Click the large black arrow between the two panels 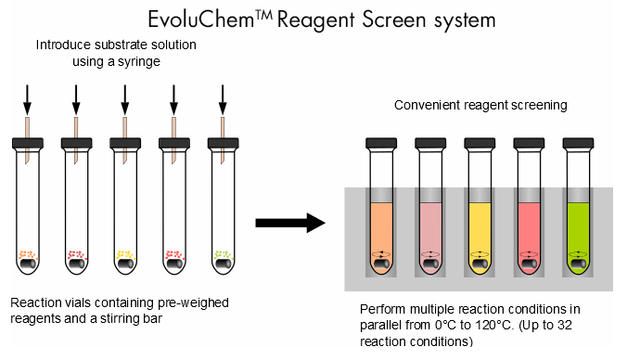tap(289, 223)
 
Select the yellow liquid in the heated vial tap(480, 232)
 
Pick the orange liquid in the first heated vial tap(381, 232)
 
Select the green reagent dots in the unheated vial tap(222, 254)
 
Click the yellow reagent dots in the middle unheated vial tap(124, 254)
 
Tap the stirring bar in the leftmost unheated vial tap(29, 266)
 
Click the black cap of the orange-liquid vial tap(381, 144)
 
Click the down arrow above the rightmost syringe tap(222, 97)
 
